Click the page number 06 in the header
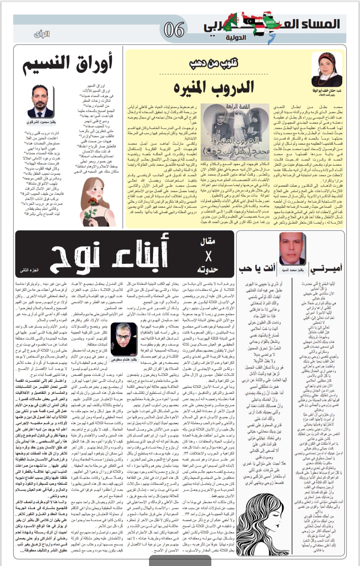click(x=174, y=30)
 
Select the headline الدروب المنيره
click(x=214, y=87)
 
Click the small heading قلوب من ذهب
click(x=214, y=63)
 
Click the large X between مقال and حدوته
click(x=208, y=256)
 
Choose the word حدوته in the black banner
click(x=207, y=269)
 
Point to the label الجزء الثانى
click(x=29, y=270)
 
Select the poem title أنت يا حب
click(x=257, y=268)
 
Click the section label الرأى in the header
click(x=42, y=34)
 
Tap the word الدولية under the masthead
click(x=236, y=38)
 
